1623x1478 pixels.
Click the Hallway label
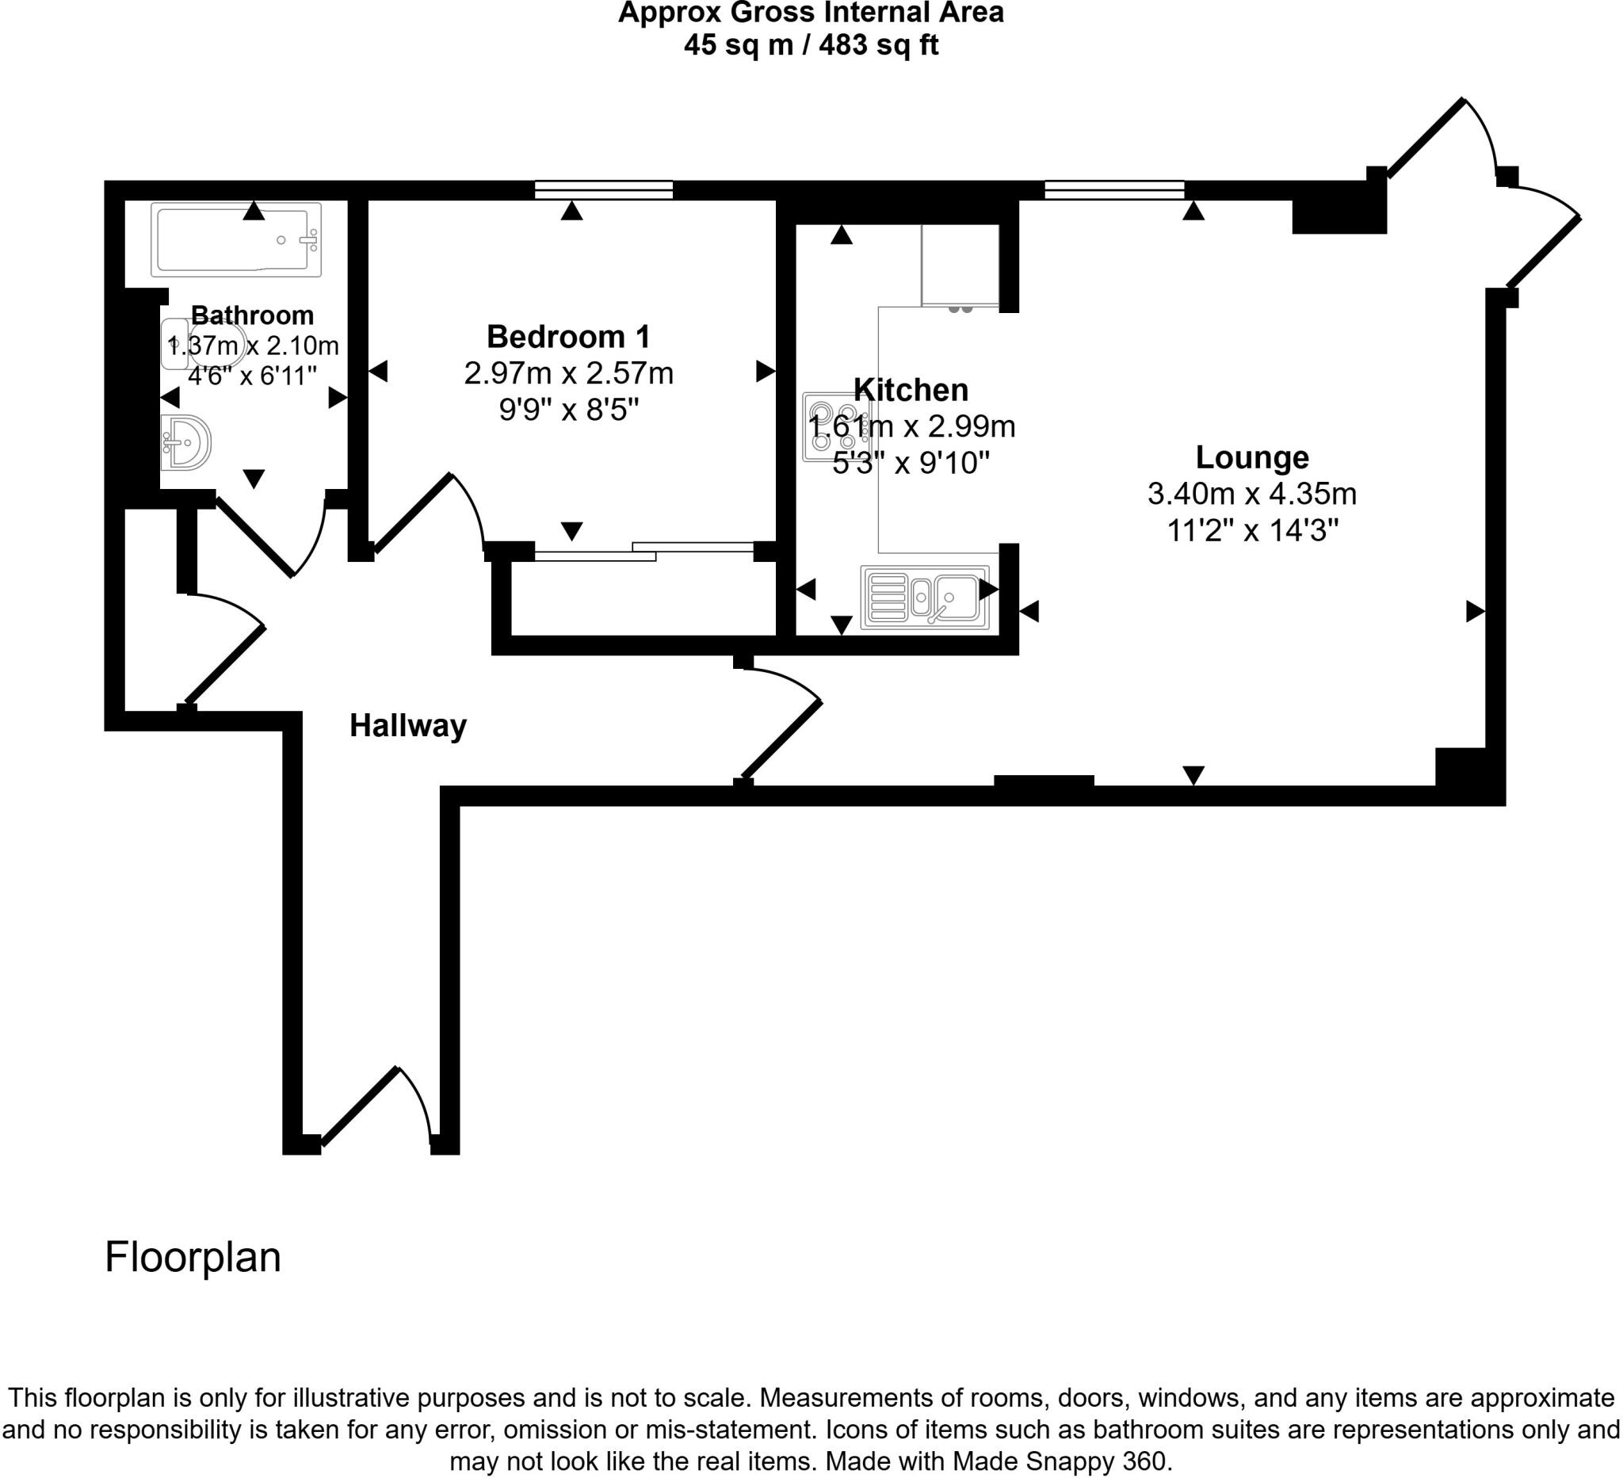[x=407, y=726]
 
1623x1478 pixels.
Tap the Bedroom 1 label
[x=567, y=337]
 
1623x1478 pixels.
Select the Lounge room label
[x=1251, y=457]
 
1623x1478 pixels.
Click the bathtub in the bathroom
[x=236, y=239]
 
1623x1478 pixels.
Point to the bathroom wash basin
[x=185, y=442]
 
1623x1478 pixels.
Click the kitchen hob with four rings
[x=834, y=427]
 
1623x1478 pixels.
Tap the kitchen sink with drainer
[x=924, y=597]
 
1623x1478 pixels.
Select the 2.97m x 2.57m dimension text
[x=568, y=373]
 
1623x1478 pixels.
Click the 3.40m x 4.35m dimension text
[x=1251, y=494]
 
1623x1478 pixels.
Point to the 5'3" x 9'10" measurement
[x=910, y=463]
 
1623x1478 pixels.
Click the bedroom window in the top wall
[x=604, y=190]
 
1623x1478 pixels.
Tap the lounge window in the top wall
[x=1114, y=190]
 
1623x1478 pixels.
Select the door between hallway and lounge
[x=781, y=724]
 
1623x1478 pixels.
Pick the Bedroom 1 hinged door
[x=426, y=515]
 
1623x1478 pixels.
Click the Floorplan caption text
[x=193, y=1258]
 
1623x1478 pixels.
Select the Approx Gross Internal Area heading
[x=811, y=13]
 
